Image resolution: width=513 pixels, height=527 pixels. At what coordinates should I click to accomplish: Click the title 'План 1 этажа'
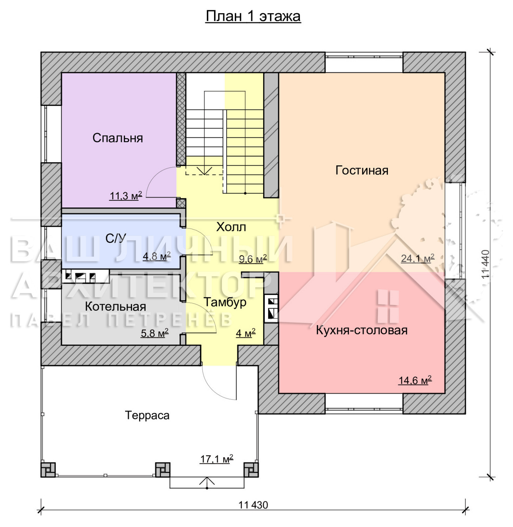(253, 16)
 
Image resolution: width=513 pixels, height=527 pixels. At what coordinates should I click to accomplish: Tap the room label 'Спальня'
(118, 138)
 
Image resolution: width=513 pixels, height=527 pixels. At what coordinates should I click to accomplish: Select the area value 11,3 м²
(126, 196)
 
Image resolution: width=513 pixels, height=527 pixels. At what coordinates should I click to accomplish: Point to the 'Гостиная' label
(362, 170)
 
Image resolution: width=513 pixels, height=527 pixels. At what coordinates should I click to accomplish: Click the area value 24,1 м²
(418, 258)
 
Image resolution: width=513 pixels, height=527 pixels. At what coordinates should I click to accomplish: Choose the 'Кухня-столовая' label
(362, 330)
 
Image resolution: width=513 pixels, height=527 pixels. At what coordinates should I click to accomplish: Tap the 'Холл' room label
(231, 227)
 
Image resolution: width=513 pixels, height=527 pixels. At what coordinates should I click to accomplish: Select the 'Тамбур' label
(225, 302)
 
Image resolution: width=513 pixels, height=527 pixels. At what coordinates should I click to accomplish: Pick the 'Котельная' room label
(116, 307)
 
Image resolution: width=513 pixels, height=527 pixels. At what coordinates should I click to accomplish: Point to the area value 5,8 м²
(155, 333)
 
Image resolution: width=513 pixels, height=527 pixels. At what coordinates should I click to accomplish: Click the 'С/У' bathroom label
(116, 238)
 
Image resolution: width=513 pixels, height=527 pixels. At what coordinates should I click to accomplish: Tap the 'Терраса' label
(147, 415)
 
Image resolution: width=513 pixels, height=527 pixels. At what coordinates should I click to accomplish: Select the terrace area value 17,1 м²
(217, 458)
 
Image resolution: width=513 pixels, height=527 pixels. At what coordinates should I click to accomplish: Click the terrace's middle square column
(163, 470)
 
